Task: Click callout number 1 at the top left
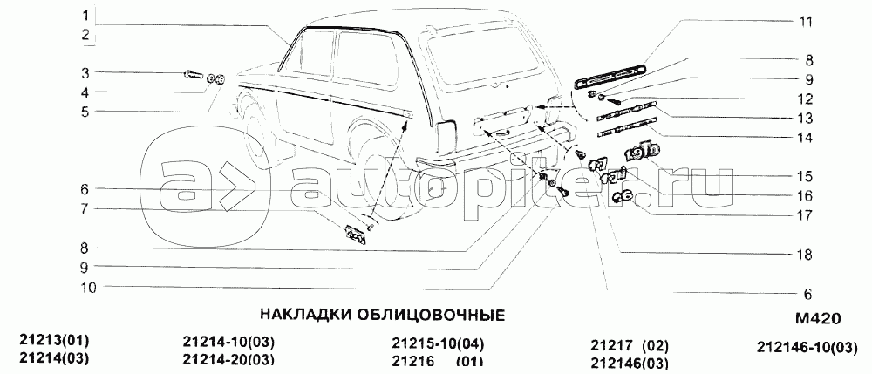click(85, 15)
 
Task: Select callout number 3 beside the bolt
click(85, 73)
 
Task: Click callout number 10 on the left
click(88, 288)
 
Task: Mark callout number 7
click(85, 209)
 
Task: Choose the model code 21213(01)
click(54, 340)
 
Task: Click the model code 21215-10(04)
click(438, 343)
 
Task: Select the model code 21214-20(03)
click(228, 359)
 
